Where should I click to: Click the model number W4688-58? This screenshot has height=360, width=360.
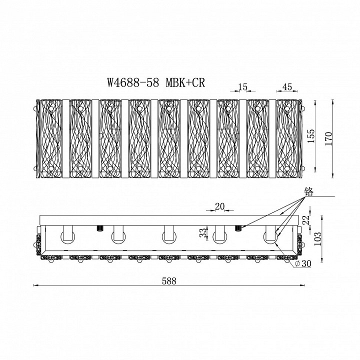pyautogui.click(x=133, y=82)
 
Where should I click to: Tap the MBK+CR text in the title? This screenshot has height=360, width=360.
pyautogui.click(x=185, y=82)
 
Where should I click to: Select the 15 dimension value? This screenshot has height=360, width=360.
pyautogui.click(x=242, y=87)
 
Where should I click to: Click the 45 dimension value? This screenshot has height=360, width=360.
pyautogui.click(x=287, y=87)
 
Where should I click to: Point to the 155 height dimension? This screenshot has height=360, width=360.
pyautogui.click(x=311, y=136)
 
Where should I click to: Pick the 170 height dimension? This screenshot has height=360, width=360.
pyautogui.click(x=328, y=138)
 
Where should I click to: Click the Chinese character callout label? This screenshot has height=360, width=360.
pyautogui.click(x=309, y=191)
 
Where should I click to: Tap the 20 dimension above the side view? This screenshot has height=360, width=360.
pyautogui.click(x=219, y=206)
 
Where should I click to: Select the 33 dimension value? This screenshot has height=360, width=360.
pyautogui.click(x=202, y=233)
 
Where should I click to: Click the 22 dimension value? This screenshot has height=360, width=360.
pyautogui.click(x=306, y=220)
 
